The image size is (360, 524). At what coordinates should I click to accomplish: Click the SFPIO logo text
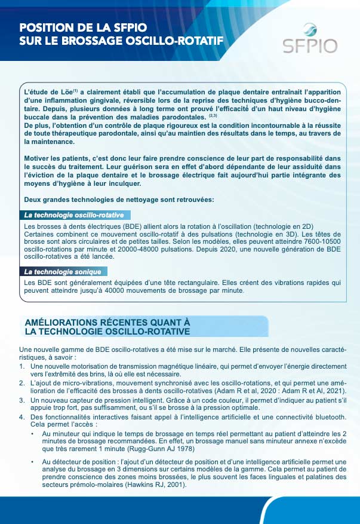coord(310,45)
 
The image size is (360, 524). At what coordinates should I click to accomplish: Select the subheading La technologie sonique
coord(61,271)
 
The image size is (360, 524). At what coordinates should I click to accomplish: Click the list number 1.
coord(22,366)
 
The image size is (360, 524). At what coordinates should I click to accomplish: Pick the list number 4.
coord(22,416)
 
